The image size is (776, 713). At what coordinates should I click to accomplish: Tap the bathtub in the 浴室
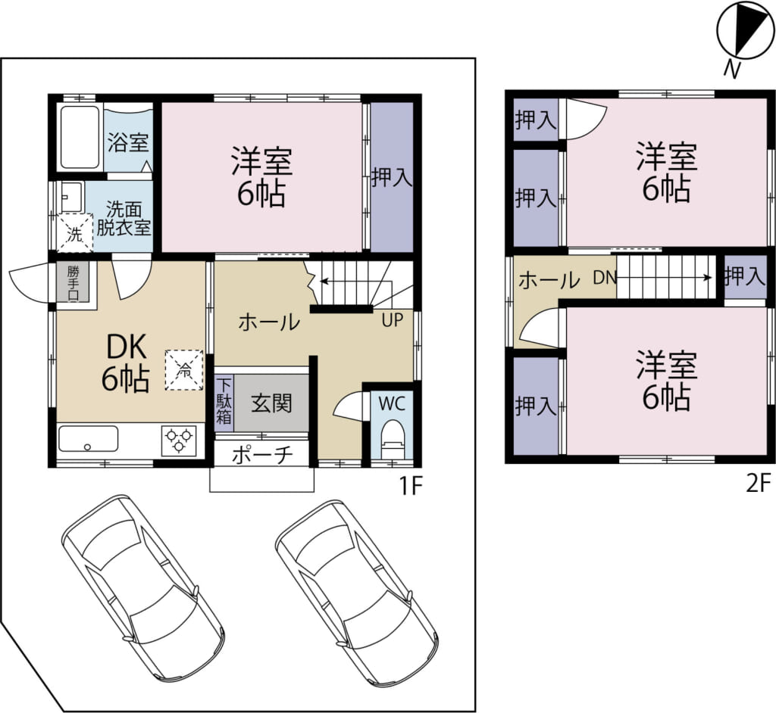coord(80,138)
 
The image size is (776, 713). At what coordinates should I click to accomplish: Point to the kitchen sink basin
coord(88,439)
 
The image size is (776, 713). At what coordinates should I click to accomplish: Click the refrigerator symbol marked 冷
coord(183,370)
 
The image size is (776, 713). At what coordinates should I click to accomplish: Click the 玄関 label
coord(272,403)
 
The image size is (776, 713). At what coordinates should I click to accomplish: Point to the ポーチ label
coord(262,456)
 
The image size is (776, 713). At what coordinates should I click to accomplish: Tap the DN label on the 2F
coord(605,278)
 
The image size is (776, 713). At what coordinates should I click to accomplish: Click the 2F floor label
coord(759,483)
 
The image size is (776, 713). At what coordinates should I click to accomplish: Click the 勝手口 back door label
coord(73,282)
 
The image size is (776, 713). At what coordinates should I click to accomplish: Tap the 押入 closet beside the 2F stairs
coord(745,277)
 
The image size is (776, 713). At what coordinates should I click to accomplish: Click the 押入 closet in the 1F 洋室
coord(392,177)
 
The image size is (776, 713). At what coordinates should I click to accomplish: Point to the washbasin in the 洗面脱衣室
coord(70,196)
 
